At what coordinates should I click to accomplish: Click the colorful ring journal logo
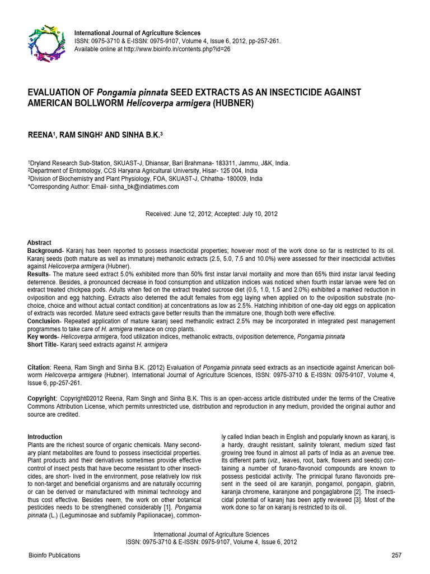point(43,43)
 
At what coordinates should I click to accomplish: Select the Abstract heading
point(39,243)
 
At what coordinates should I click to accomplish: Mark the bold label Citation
point(39,367)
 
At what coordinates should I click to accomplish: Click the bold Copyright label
point(42,399)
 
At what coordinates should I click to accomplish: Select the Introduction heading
point(45,437)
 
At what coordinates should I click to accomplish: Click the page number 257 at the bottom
point(396,555)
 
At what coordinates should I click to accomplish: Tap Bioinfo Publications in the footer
point(54,555)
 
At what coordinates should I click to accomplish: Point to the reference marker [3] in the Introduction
point(350,499)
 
